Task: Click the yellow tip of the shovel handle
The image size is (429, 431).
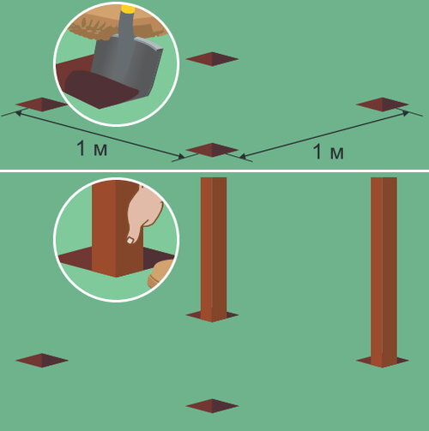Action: (128, 9)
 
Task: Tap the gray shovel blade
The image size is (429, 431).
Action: (127, 67)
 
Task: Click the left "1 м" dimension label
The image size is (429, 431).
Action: (92, 148)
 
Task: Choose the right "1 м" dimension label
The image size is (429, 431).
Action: (329, 151)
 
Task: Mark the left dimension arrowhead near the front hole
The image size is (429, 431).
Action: (181, 157)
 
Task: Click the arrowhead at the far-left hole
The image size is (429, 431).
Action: (18, 113)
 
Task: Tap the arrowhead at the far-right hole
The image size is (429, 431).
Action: (406, 113)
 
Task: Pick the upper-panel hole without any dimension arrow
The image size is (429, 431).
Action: (212, 59)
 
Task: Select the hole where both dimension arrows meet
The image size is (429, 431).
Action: (212, 150)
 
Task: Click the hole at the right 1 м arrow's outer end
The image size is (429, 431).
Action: (383, 105)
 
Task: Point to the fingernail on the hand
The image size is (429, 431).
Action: (130, 241)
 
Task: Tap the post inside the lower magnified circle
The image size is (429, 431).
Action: (118, 229)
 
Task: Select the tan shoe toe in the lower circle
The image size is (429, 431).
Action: (160, 273)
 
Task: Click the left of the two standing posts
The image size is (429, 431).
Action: (214, 249)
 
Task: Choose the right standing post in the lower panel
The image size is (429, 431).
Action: (384, 272)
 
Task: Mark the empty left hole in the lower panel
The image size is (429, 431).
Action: (42, 360)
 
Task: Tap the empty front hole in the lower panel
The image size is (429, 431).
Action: (212, 406)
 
